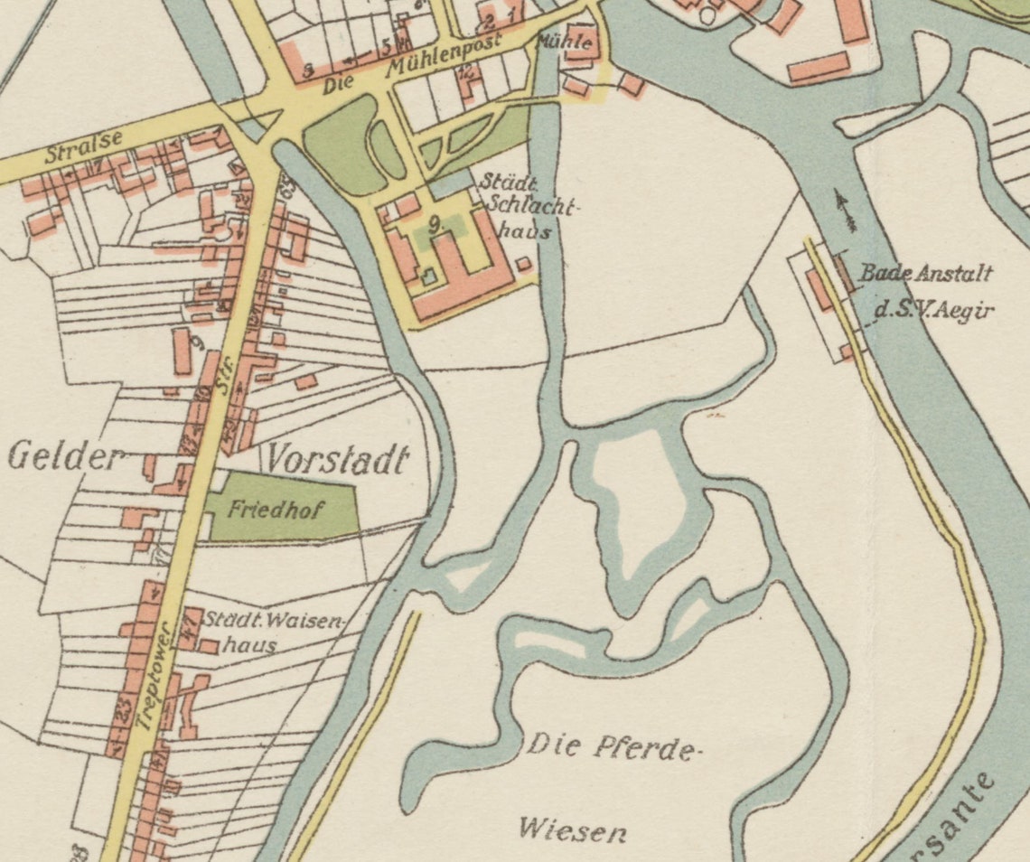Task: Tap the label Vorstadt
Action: coord(335,460)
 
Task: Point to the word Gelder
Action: coord(64,457)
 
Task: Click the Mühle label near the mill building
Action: coord(565,42)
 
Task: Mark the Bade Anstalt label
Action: coord(925,274)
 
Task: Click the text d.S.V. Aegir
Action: coord(933,310)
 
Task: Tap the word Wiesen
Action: coord(572,829)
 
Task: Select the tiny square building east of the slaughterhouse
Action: coord(523,263)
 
